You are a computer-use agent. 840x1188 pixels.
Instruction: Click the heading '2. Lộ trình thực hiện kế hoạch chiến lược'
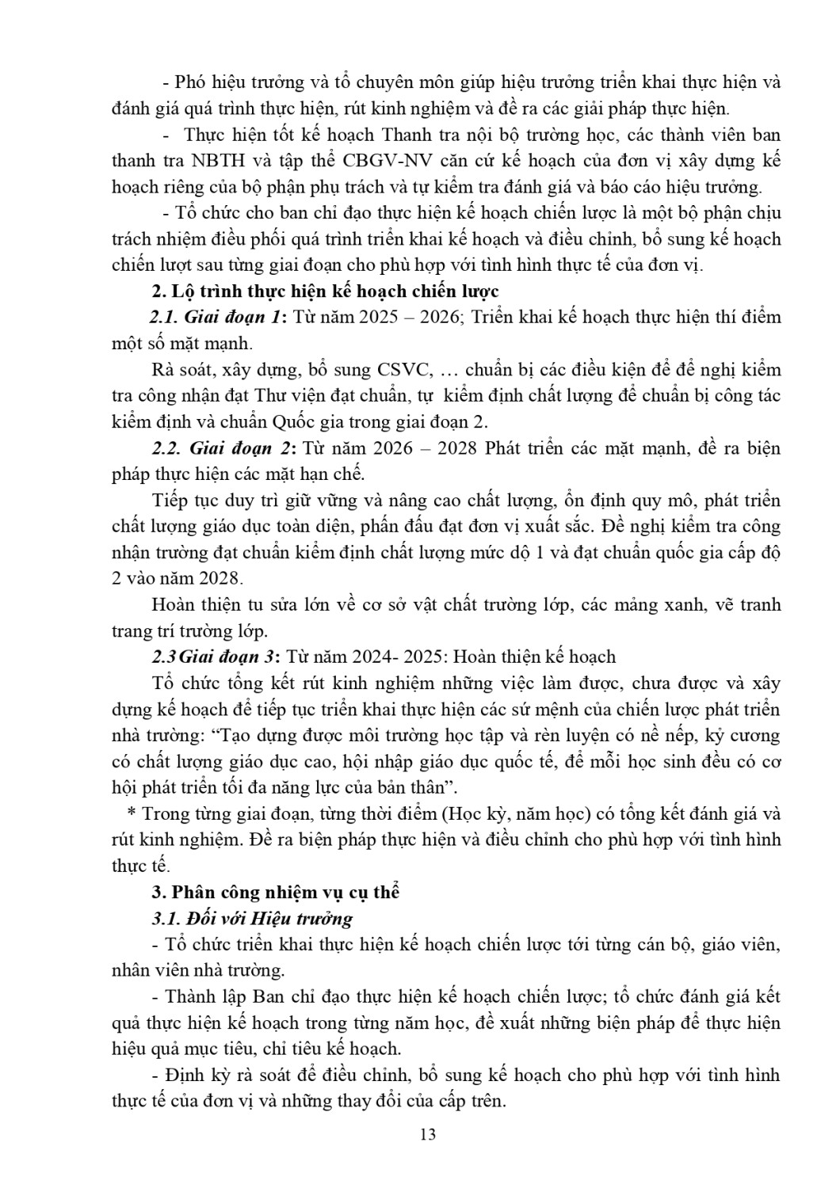[325, 291]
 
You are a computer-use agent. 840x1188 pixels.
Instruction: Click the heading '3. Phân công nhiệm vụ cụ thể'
[275, 892]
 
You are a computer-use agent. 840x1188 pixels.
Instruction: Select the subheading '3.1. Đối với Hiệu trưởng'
[252, 919]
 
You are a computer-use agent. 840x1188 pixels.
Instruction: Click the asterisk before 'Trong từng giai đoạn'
[132, 814]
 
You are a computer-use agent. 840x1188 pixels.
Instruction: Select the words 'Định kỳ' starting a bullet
[194, 1076]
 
